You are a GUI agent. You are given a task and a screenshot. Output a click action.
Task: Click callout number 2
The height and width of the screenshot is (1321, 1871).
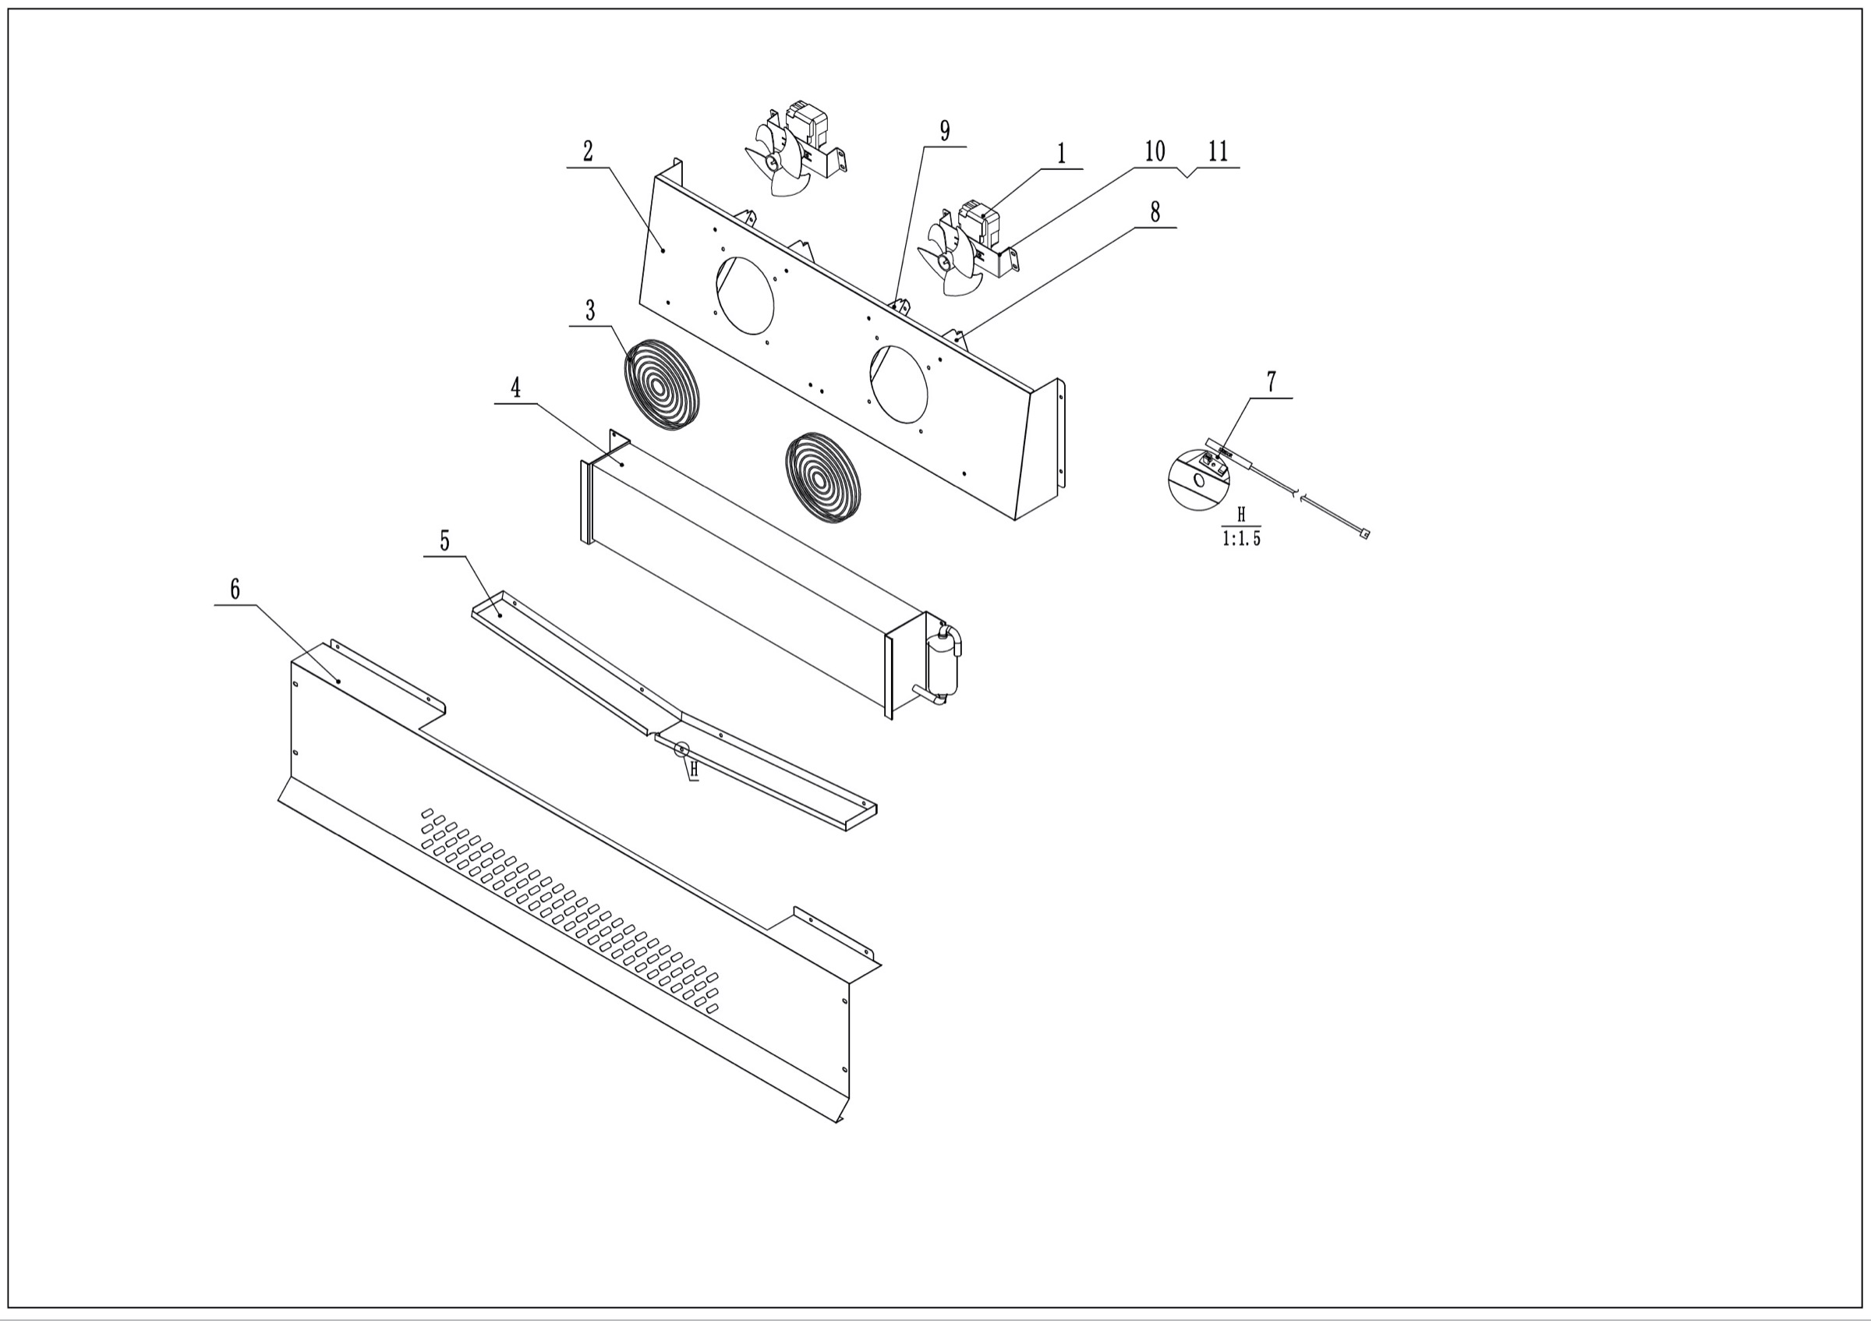588,151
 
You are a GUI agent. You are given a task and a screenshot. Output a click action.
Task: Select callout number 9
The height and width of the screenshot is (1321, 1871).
944,131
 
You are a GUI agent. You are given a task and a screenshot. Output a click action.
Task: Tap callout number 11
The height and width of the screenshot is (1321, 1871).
1218,151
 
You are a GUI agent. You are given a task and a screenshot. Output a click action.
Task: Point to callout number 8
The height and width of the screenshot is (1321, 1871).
1155,212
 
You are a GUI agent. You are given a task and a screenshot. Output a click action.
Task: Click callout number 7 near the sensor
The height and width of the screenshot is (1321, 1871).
1271,381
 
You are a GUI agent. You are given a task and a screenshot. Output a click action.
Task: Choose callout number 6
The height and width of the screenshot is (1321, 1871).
235,590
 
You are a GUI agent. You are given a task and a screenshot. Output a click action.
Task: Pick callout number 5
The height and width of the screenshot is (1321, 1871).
444,541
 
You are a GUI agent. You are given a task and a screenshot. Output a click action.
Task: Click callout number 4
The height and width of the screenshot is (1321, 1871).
515,388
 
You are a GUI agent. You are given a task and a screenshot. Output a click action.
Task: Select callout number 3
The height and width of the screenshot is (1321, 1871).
590,310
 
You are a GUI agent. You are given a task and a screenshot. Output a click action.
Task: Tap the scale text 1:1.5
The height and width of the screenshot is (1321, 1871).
1241,540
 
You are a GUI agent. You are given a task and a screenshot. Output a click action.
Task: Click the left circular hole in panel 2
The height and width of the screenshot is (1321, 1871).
745,295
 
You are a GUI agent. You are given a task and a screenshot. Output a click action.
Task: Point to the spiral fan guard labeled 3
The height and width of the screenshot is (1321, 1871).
662,384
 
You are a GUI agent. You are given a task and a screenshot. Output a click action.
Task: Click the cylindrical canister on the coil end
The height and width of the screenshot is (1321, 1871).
943,664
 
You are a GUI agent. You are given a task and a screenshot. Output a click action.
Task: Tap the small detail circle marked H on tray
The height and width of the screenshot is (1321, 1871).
681,748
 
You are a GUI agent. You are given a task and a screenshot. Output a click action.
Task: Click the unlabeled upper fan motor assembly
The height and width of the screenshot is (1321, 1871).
794,151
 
